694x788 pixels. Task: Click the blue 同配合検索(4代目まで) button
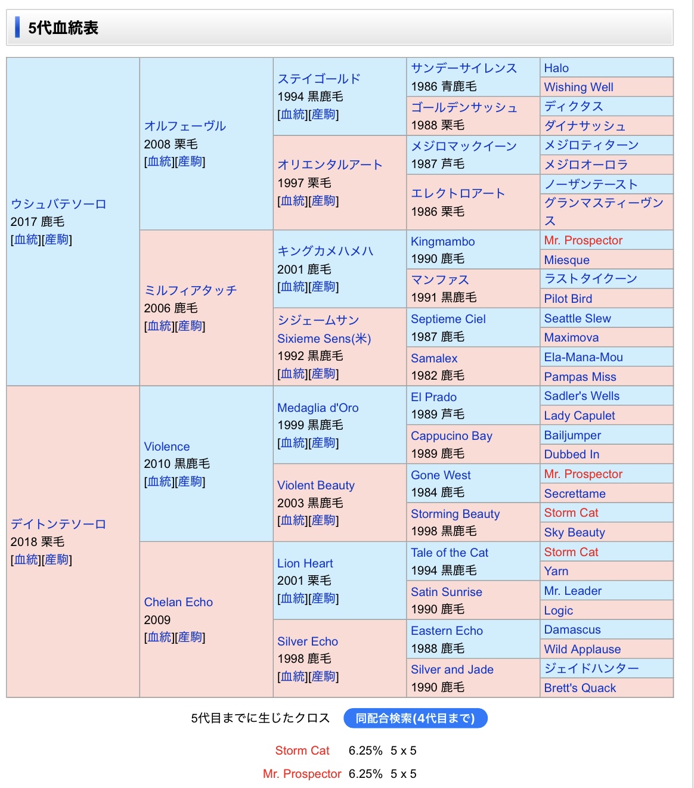point(415,718)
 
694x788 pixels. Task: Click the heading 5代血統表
point(63,28)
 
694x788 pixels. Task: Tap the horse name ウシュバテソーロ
point(58,204)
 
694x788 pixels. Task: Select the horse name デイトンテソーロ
point(58,524)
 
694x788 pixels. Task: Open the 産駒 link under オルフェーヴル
point(191,162)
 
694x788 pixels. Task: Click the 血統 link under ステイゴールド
point(293,114)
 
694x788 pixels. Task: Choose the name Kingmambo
point(442,241)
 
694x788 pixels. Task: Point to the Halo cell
point(556,68)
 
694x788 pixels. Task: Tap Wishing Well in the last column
point(578,87)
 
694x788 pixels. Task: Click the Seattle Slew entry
point(577,318)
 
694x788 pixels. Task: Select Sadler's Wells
point(581,396)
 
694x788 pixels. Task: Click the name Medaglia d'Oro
point(318,408)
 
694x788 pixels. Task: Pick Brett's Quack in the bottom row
point(580,688)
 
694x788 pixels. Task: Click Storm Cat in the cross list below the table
point(302,750)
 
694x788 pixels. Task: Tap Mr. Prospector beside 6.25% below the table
point(302,774)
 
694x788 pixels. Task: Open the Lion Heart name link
point(305,563)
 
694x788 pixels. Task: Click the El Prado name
point(433,397)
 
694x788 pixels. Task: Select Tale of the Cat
point(449,553)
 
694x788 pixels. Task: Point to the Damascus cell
point(572,629)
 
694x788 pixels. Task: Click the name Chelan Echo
point(178,602)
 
